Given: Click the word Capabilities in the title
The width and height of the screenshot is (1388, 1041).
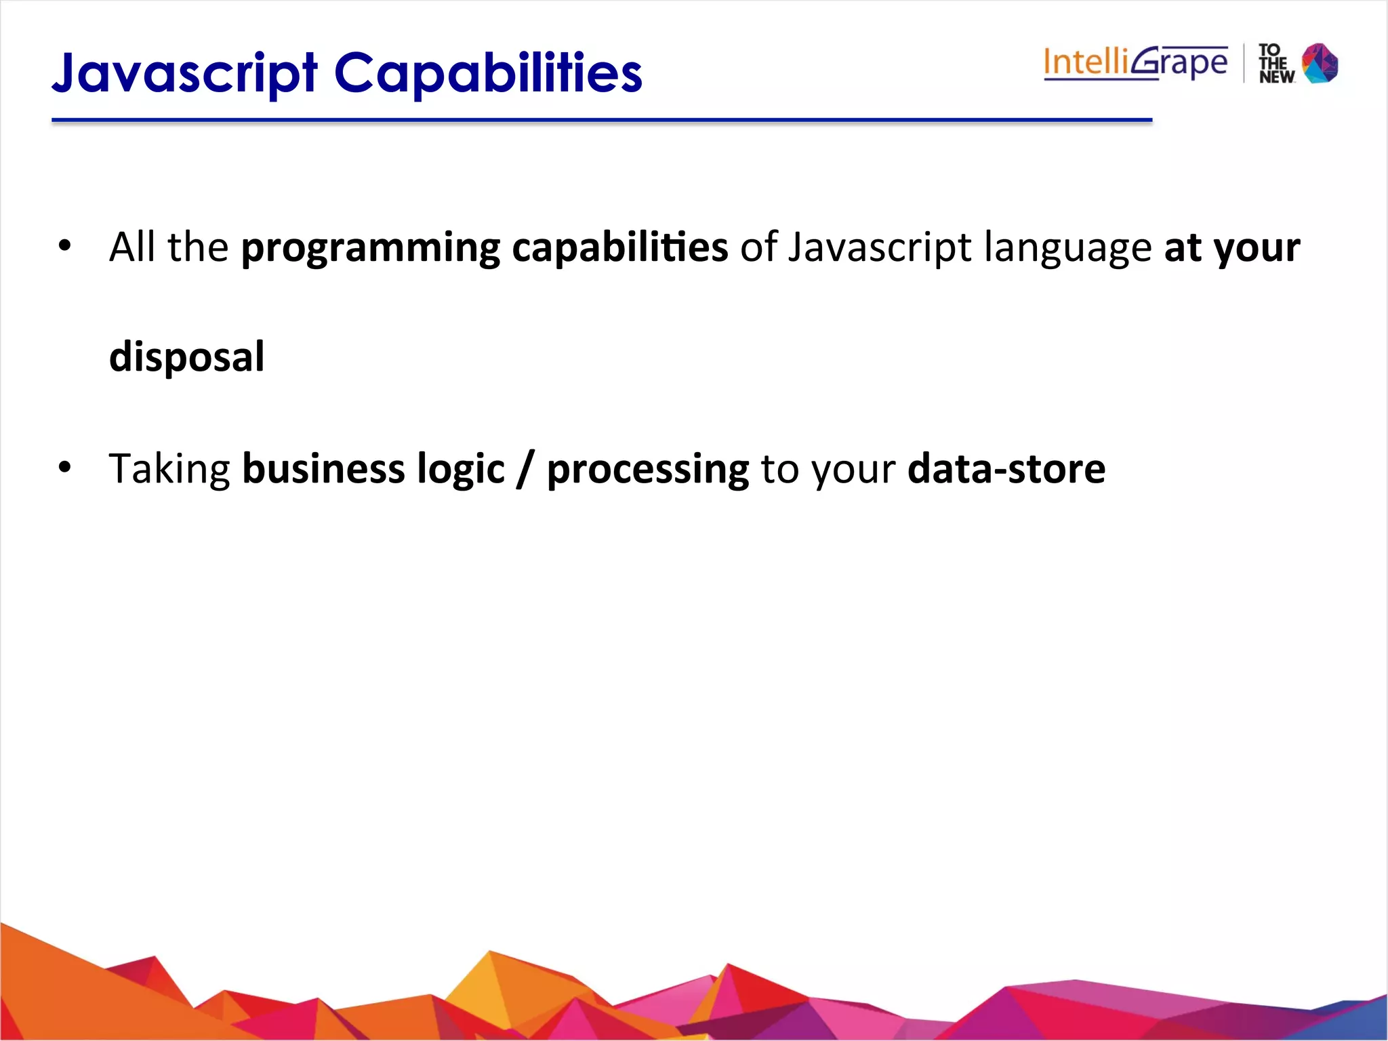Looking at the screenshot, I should pyautogui.click(x=488, y=73).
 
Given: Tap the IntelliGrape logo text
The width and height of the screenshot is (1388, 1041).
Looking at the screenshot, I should pyautogui.click(x=1135, y=63).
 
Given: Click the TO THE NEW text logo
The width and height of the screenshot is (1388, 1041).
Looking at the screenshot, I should pyautogui.click(x=1275, y=64).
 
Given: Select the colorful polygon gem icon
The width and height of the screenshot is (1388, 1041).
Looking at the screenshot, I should pyautogui.click(x=1320, y=63).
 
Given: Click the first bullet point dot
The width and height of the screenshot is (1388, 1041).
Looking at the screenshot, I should pyautogui.click(x=64, y=246).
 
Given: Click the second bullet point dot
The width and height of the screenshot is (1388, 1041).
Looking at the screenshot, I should pyautogui.click(x=64, y=468).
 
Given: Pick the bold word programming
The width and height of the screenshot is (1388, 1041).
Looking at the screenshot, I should pyautogui.click(x=370, y=247).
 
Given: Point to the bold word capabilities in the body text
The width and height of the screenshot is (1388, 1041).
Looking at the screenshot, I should pyautogui.click(x=619, y=247).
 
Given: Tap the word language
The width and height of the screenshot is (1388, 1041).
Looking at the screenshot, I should pyautogui.click(x=1067, y=247).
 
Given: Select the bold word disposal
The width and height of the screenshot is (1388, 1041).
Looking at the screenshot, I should pyautogui.click(x=186, y=357).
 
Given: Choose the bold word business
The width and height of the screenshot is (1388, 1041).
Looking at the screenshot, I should pyautogui.click(x=323, y=469).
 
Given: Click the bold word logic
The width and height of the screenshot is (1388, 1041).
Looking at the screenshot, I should pyautogui.click(x=461, y=469).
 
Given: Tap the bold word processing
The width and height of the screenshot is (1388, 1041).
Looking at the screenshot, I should pyautogui.click(x=648, y=469).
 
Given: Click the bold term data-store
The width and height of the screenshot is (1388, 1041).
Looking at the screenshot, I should pyautogui.click(x=1006, y=469).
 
